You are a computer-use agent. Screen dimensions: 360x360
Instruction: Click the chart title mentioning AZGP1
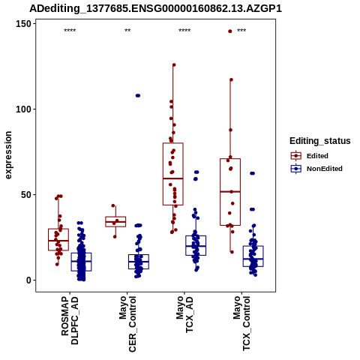(155, 8)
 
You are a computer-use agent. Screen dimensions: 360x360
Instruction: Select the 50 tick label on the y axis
(26, 195)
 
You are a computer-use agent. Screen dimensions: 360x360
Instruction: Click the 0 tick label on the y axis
(29, 280)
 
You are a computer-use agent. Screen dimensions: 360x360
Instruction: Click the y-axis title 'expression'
(8, 155)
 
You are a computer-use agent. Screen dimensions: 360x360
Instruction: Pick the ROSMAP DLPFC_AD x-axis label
(70, 320)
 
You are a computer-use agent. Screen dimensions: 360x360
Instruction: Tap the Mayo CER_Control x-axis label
(127, 324)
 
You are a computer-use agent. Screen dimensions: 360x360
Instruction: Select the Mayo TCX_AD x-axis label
(184, 314)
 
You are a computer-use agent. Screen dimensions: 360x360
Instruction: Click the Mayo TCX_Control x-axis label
(241, 323)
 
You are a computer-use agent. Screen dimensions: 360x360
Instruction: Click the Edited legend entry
(310, 156)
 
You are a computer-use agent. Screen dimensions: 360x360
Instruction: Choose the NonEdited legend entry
(316, 169)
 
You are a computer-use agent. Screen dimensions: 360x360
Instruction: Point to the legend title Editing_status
(320, 141)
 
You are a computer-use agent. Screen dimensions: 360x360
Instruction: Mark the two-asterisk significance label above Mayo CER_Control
(127, 31)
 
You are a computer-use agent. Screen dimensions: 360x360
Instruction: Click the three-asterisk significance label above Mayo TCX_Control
(241, 31)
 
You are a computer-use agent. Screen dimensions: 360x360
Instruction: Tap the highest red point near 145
(230, 31)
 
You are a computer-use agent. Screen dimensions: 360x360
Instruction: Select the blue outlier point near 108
(138, 95)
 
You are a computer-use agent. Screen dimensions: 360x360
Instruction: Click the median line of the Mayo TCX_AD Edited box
(173, 178)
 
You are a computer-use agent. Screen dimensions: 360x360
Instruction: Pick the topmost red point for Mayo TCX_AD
(174, 65)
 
